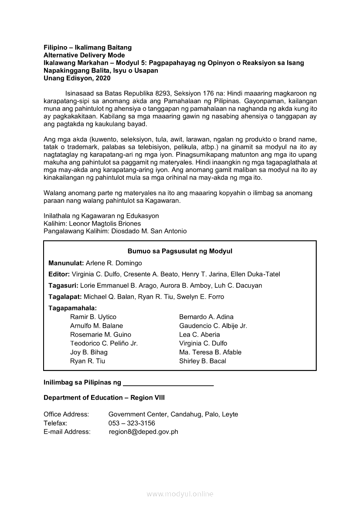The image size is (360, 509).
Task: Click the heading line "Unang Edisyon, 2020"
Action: (77, 78)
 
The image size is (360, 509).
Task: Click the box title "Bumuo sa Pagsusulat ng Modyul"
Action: (180, 251)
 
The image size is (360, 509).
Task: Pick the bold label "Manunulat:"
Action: (66, 263)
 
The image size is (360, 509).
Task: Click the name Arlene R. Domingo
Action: (114, 263)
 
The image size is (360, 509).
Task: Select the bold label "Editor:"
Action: (59, 274)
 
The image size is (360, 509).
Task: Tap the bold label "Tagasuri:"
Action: (64, 286)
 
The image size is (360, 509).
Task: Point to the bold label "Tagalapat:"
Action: (65, 297)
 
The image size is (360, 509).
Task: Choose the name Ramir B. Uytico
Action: (93, 317)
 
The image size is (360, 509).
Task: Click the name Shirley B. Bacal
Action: (203, 361)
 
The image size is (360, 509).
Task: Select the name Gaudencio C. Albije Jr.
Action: (213, 326)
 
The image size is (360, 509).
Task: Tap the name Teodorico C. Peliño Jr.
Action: (104, 344)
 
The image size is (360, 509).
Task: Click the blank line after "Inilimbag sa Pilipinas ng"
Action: (168, 384)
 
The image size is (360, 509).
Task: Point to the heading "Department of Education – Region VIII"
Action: (104, 398)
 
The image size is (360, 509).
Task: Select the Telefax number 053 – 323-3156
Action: (132, 423)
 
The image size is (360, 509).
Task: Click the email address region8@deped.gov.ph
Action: (143, 432)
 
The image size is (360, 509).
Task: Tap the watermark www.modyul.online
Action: (180, 494)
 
